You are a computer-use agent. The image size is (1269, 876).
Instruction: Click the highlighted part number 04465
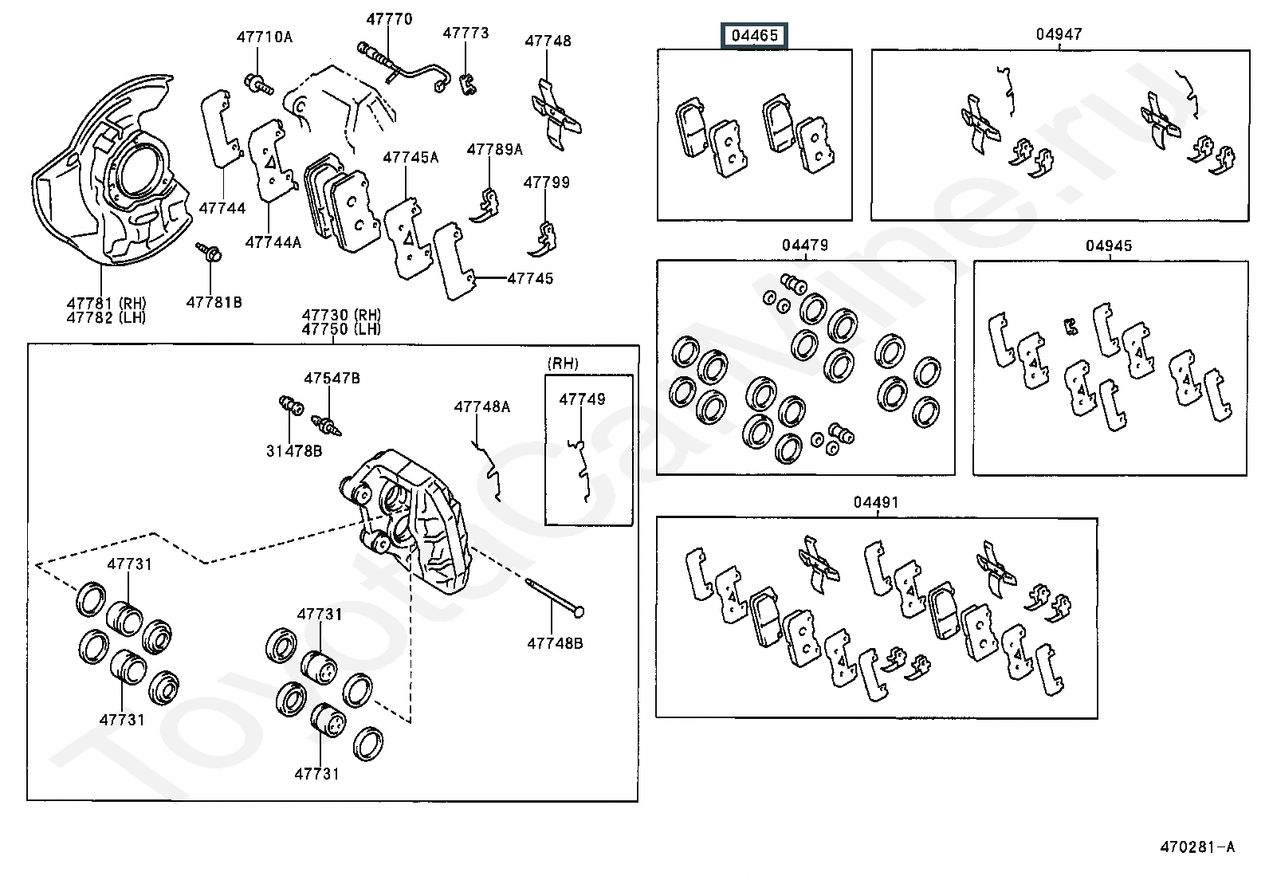click(754, 36)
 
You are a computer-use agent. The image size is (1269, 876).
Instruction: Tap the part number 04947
click(1059, 34)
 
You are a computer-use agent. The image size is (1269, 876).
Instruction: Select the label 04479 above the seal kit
click(805, 246)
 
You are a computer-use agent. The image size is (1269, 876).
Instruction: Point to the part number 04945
click(1109, 246)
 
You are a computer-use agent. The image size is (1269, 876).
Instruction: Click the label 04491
click(876, 502)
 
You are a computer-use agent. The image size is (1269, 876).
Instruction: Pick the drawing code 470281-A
click(1197, 847)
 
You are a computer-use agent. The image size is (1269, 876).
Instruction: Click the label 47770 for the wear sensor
click(389, 19)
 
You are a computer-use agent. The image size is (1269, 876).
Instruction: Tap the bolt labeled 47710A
click(257, 84)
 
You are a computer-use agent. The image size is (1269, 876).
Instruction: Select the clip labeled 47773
click(467, 84)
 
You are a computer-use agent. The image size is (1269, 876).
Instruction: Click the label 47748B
click(555, 643)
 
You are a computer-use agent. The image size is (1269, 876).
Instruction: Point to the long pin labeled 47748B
click(555, 597)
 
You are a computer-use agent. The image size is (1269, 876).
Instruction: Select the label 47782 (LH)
click(106, 318)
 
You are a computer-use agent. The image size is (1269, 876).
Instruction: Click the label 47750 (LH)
click(341, 329)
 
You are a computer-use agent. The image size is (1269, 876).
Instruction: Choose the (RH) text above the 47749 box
click(563, 363)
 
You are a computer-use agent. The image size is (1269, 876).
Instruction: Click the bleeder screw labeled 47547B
click(326, 426)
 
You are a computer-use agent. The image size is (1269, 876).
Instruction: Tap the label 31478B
click(294, 451)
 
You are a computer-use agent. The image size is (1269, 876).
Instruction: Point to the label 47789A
click(494, 150)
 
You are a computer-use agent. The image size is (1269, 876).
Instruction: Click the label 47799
click(546, 183)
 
